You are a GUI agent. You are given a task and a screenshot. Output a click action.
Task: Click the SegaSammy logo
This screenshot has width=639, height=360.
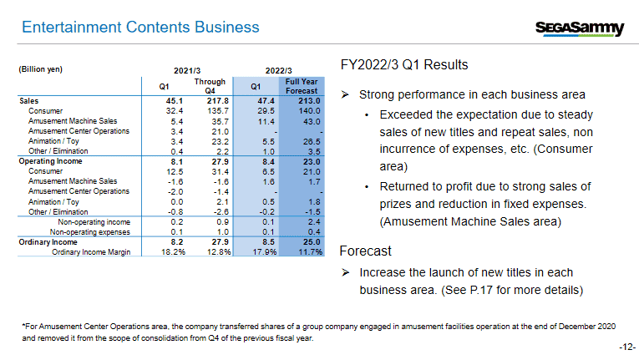[x=579, y=28]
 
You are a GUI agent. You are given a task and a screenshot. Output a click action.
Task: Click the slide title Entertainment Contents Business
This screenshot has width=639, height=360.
[x=140, y=28]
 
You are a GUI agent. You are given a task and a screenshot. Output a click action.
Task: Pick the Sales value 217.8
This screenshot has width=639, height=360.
[x=218, y=100]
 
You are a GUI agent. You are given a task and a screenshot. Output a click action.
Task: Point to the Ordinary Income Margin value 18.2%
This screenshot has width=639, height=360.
[x=171, y=251]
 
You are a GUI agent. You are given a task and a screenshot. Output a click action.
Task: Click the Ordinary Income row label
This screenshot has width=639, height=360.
[x=43, y=241]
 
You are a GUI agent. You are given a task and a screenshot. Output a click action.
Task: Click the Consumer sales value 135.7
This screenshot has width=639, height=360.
[x=218, y=110]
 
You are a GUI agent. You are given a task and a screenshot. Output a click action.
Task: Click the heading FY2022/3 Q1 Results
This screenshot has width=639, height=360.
[x=404, y=65]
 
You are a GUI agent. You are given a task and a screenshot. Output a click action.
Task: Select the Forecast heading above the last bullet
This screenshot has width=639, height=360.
[x=366, y=251]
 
